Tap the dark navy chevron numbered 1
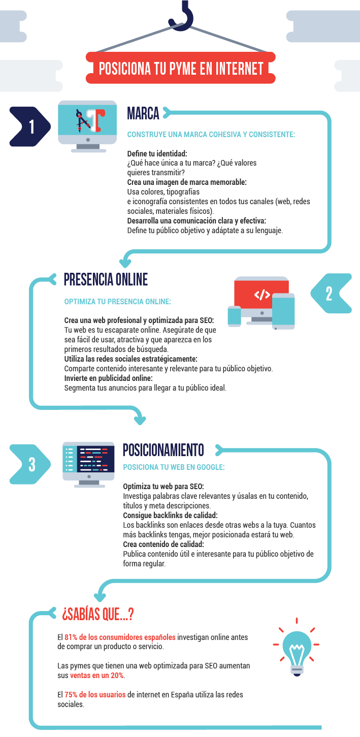click(30, 126)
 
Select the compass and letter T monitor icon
click(87, 126)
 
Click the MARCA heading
click(143, 113)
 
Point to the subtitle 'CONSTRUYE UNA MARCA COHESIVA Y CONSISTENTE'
click(211, 134)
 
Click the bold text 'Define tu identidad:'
click(157, 153)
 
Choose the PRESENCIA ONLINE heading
click(106, 279)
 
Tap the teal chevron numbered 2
click(331, 293)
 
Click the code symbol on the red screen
click(262, 295)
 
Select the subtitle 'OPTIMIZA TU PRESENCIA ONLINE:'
click(118, 301)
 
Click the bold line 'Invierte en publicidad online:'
click(109, 378)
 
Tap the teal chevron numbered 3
click(30, 464)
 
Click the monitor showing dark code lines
click(89, 465)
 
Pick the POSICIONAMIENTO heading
click(163, 450)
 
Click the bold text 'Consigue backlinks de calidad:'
click(170, 515)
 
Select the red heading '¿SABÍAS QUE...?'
click(98, 614)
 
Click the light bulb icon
click(297, 647)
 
